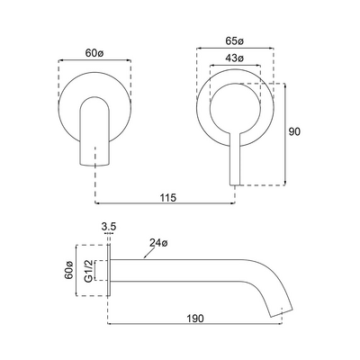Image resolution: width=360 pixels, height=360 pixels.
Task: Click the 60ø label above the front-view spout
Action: pos(94,51)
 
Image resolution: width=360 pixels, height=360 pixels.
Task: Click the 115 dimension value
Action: pos(166,196)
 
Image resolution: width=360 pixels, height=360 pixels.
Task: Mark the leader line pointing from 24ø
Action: pos(140,250)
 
